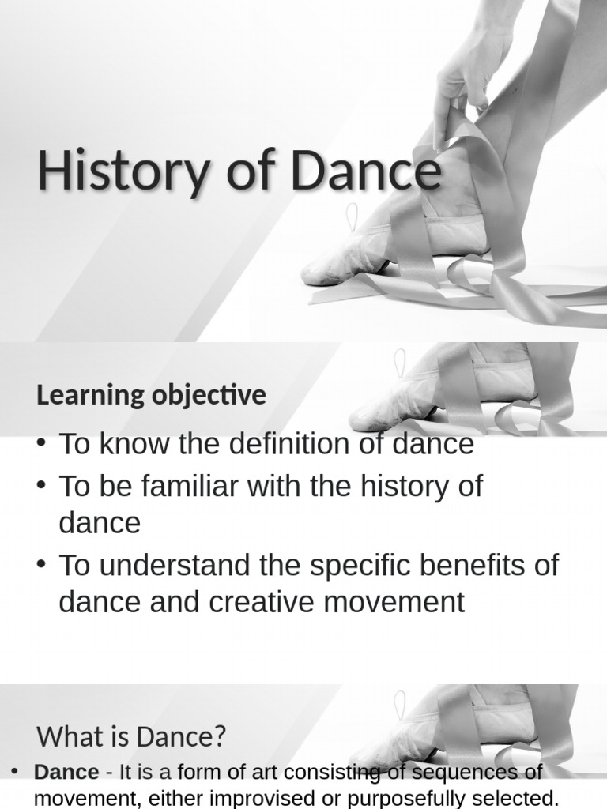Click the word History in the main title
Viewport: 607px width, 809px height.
pos(121,171)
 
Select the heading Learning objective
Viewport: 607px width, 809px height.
pos(151,395)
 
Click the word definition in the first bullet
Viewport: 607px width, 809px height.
pos(288,444)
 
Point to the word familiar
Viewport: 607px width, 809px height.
pos(183,486)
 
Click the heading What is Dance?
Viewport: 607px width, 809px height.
pos(131,737)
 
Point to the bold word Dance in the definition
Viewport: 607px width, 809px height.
pos(66,773)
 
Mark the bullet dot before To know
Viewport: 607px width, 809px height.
pos(41,443)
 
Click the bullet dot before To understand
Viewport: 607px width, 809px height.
pos(41,565)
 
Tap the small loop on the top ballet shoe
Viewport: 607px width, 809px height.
pos(352,216)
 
